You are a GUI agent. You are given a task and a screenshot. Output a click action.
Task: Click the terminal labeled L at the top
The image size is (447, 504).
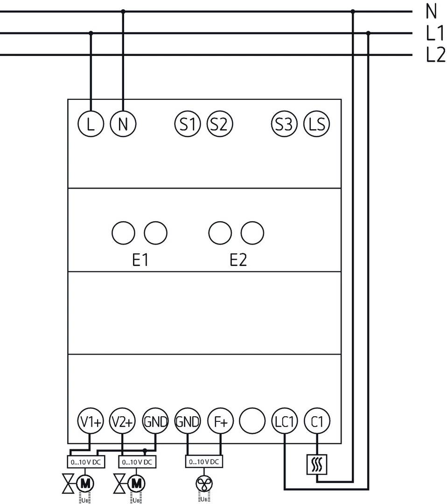91,124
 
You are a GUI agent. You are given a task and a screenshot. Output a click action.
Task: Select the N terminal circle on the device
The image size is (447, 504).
123,124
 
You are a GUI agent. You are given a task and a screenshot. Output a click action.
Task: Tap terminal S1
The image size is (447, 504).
187,124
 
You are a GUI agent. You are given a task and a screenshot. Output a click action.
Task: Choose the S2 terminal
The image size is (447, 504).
219,124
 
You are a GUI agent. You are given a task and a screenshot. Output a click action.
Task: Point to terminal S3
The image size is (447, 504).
284,124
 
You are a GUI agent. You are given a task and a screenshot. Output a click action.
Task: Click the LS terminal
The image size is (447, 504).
316,124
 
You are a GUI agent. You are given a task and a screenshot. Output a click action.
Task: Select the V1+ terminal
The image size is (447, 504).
90,422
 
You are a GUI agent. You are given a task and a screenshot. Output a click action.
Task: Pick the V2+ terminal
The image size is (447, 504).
122,422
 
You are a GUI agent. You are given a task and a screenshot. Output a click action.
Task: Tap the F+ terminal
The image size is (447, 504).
220,422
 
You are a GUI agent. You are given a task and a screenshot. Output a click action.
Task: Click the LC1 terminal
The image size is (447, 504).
285,422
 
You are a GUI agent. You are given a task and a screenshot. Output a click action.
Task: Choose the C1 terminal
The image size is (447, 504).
317,422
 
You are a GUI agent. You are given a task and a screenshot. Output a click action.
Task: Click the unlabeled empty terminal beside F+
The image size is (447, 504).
252,422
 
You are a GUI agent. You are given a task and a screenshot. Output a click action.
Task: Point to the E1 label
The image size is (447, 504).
140,260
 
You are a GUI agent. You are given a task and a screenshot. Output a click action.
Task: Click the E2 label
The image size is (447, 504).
238,260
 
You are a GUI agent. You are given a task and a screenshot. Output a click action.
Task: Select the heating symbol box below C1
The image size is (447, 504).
317,465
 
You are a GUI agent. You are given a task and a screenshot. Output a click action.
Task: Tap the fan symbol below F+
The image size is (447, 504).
204,483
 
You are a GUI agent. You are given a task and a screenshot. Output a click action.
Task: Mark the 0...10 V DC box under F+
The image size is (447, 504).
204,462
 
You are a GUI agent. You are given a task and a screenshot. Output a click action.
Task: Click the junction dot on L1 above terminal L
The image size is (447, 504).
91,33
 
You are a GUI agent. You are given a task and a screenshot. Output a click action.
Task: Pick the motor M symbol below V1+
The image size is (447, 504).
85,483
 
